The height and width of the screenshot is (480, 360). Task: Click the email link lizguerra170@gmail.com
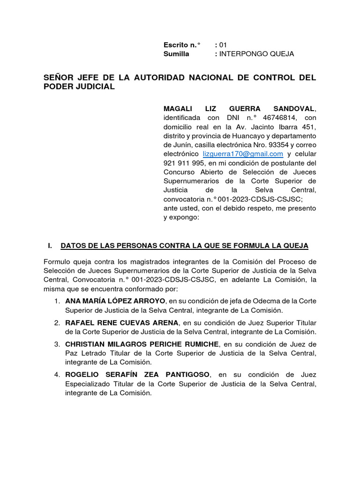point(243,154)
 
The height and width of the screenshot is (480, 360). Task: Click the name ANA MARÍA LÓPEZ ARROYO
point(115,300)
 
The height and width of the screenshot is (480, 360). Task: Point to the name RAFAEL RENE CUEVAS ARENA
point(122,322)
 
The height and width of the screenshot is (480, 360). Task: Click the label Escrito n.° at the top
point(181,45)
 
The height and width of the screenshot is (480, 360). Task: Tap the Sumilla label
point(176,54)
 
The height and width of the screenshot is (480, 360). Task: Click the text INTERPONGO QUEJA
point(256,54)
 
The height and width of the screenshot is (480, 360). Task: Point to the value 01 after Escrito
point(223,45)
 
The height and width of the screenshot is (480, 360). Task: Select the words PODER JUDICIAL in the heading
point(79,87)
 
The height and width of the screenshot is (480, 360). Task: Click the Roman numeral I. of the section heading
point(51,246)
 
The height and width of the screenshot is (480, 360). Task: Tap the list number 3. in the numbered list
point(57,344)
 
